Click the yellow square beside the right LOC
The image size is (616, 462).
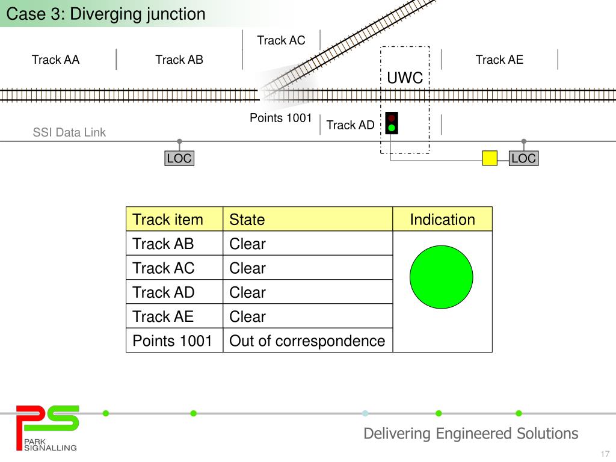coord(490,158)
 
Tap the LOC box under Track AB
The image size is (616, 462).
coord(179,158)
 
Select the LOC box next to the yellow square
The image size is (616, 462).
coord(524,158)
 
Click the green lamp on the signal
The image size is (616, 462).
coord(391,128)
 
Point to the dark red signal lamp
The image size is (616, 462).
coord(391,118)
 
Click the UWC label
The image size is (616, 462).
coord(405,78)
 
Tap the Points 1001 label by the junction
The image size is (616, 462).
coord(280,118)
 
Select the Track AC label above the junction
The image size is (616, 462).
coord(281,40)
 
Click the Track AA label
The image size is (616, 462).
coord(55,60)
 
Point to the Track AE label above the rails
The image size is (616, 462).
coord(499,60)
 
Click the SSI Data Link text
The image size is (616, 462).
coord(69,132)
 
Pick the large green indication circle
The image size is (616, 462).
coord(441,277)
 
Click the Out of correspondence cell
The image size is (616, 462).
coord(307,340)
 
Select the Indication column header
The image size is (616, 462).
coord(442,219)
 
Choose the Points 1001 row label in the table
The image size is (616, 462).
coord(172,340)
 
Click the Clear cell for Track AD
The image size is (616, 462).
coord(247,292)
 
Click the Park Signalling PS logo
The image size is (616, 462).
coord(47,428)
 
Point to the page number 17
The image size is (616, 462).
coord(605,454)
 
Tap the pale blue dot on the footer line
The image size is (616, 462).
coord(365,413)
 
